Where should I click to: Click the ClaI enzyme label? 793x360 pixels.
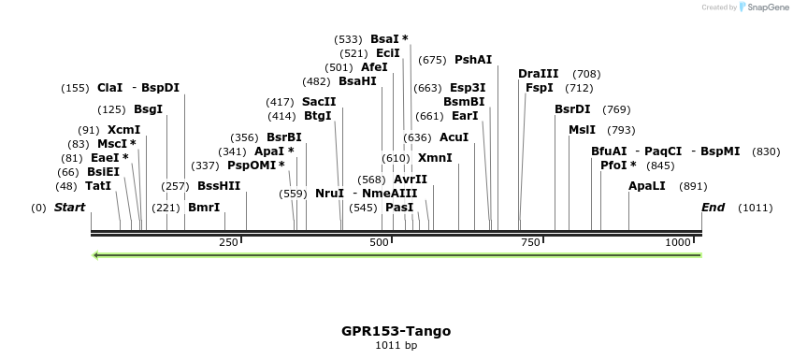[109, 88]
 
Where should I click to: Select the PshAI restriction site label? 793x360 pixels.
[473, 60]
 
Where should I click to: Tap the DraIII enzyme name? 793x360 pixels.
[538, 74]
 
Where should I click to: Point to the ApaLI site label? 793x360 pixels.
[647, 186]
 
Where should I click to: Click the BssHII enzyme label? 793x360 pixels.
[219, 186]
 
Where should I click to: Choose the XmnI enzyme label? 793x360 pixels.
[435, 158]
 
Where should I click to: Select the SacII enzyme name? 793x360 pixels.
[319, 102]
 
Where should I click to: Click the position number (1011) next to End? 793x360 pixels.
[756, 208]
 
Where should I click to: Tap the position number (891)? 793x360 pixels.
[693, 186]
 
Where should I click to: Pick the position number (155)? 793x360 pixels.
[75, 88]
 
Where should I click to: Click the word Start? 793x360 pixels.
[69, 208]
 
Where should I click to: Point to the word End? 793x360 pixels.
[713, 208]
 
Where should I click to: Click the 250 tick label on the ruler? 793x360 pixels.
[228, 242]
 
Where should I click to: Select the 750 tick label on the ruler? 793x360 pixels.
[530, 242]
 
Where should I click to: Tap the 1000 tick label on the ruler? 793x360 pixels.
[678, 242]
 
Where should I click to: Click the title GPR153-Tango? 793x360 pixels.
[396, 331]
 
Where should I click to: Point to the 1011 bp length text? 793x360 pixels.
[396, 345]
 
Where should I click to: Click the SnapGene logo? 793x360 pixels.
[764, 7]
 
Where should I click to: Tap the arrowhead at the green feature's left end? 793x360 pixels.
[95, 254]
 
